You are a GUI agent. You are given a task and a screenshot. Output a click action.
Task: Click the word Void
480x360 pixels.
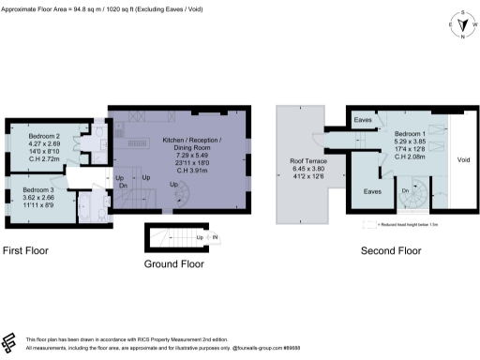(x=463, y=159)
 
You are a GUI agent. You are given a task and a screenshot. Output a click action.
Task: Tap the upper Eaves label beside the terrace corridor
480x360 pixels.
(x=365, y=121)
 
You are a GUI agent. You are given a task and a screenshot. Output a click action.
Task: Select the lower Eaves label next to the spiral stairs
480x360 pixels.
(x=371, y=191)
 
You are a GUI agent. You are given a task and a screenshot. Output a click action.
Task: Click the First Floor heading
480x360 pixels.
(x=25, y=251)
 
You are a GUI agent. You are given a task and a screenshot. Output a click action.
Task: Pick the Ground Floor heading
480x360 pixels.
(x=173, y=264)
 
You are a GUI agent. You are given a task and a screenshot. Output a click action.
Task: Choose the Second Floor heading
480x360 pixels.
(x=389, y=251)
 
